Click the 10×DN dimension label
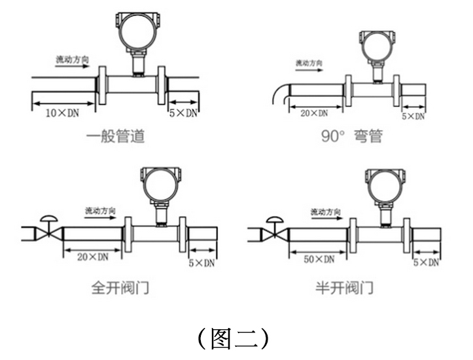[x=62, y=113]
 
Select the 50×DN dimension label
[x=319, y=259]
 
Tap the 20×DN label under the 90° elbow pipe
[x=314, y=113]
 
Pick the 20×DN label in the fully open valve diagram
[x=93, y=257]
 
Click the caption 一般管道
[x=116, y=135]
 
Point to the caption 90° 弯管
[x=352, y=135]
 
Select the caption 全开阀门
[x=120, y=287]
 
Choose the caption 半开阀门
[x=344, y=287]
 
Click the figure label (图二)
[x=233, y=338]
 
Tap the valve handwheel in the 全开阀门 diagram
[x=49, y=219]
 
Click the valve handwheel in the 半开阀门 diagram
[x=275, y=220]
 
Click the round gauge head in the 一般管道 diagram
[x=138, y=31]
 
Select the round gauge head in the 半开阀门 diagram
[x=384, y=187]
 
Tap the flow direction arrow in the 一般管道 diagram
[x=73, y=66]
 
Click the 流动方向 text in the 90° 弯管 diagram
[x=309, y=63]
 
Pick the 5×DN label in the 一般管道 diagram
[x=183, y=113]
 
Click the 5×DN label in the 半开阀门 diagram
[x=426, y=262]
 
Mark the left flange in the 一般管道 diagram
[x=102, y=85]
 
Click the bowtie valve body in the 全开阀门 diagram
[x=49, y=234]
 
